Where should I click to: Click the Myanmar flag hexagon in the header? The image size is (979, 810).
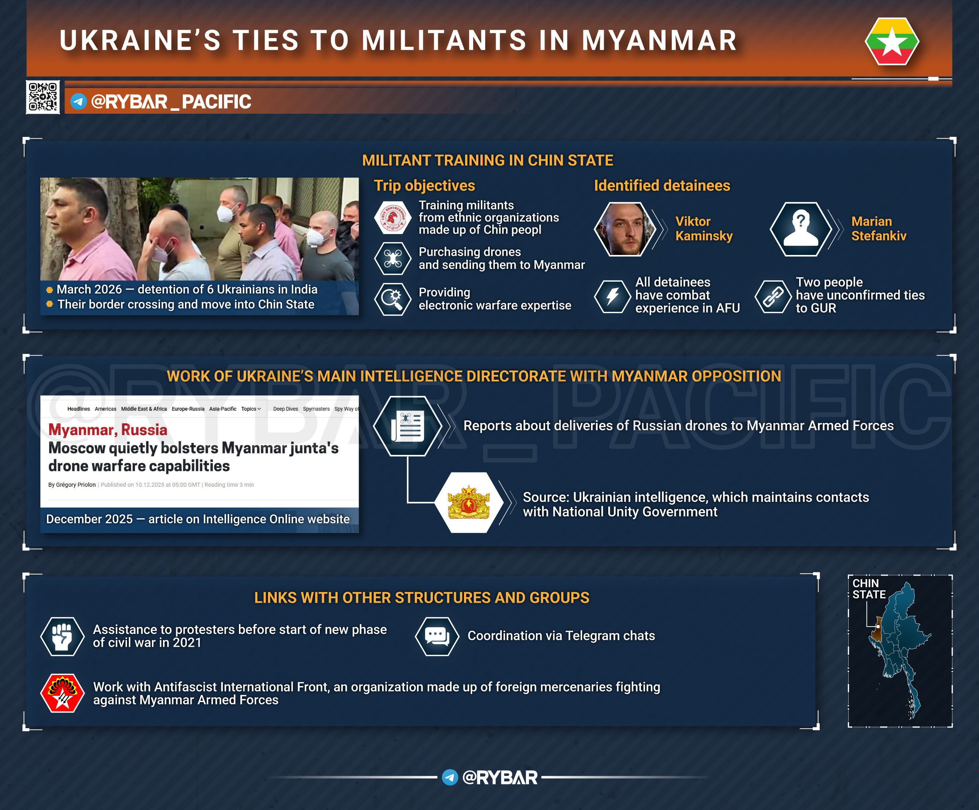pos(892,41)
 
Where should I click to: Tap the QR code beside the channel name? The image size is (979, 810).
pos(43,97)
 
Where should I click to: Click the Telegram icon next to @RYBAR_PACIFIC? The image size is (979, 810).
pos(78,102)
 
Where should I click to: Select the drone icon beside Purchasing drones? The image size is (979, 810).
pos(392,259)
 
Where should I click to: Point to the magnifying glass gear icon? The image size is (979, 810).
pos(392,299)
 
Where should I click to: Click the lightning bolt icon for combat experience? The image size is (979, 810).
pos(613,296)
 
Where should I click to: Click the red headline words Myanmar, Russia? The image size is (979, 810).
pos(108,430)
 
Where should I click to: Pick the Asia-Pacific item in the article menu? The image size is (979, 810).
pos(222,409)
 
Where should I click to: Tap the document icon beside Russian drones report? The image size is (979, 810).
pos(407,426)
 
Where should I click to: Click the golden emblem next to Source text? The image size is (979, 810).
pos(468,503)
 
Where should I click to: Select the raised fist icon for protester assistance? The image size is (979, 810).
pos(62,636)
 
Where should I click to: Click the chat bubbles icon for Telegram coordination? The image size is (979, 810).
pos(437,636)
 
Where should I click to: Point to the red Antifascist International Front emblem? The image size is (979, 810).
pos(62,693)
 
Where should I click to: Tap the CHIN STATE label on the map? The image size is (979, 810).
pos(869,589)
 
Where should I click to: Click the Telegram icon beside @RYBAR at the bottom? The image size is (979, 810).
pos(450,777)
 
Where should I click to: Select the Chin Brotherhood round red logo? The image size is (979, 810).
pos(392,218)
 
